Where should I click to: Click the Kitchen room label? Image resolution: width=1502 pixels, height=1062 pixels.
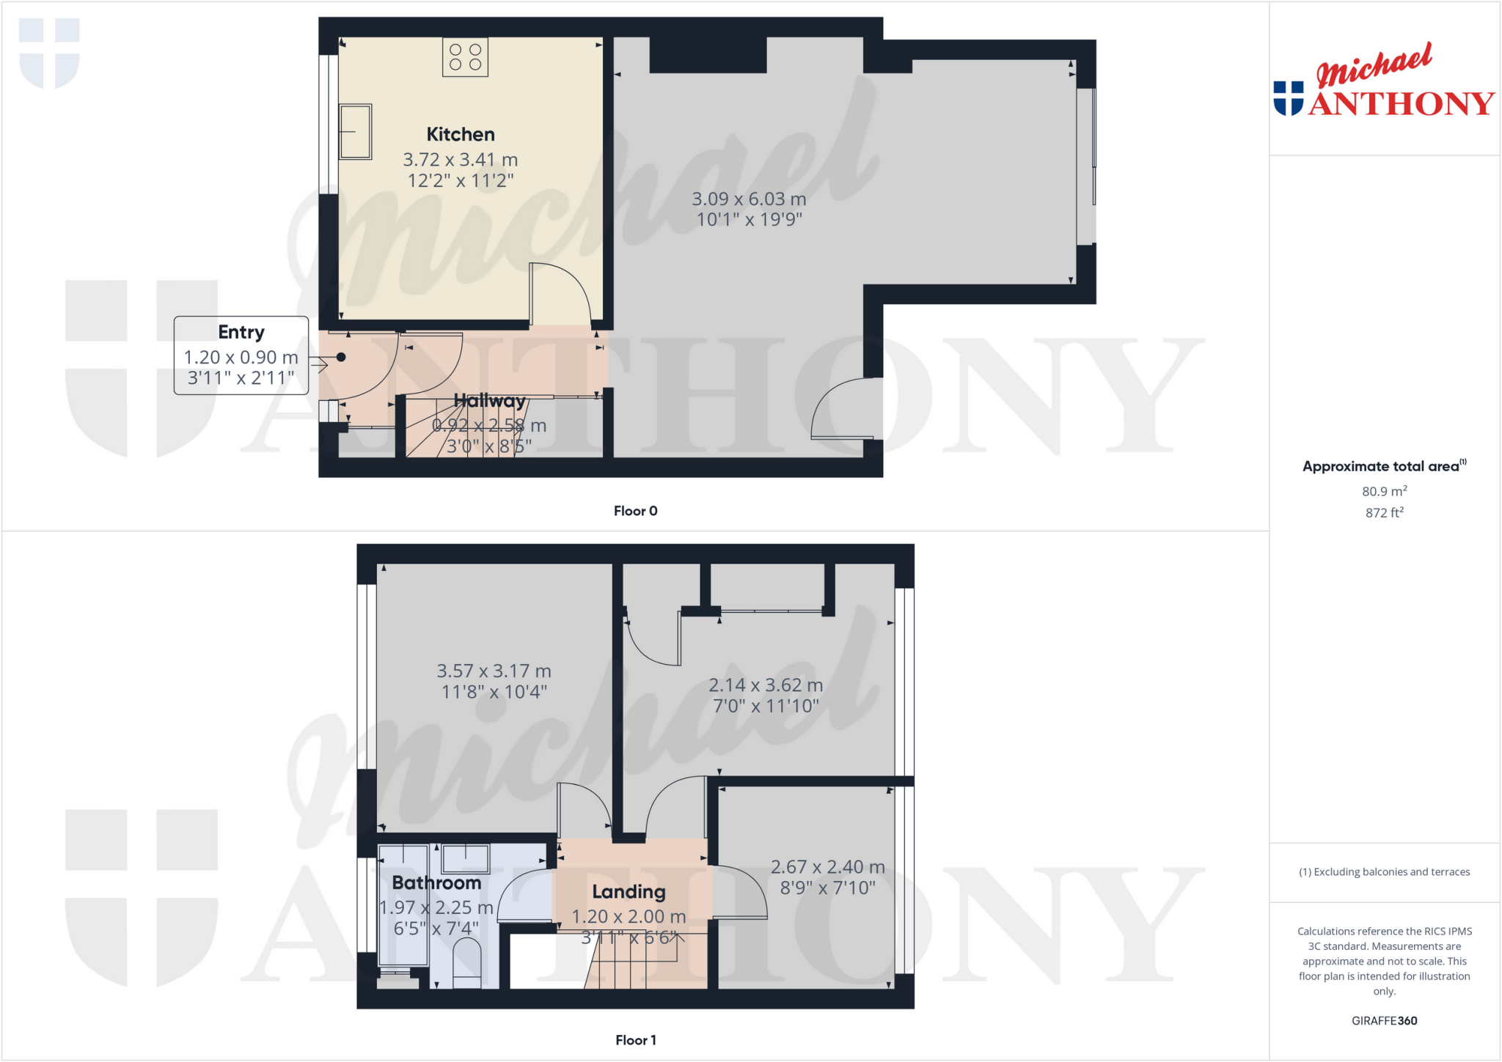point(461,134)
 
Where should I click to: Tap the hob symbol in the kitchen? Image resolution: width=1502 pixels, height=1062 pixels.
point(465,57)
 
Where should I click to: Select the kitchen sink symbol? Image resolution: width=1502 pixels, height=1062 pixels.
point(355,132)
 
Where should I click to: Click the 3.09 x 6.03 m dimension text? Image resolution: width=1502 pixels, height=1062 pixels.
point(749,199)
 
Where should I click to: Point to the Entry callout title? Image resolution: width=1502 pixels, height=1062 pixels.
point(241,332)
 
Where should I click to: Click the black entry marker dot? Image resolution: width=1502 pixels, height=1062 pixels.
point(341,358)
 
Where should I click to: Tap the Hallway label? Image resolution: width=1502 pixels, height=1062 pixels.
point(489,401)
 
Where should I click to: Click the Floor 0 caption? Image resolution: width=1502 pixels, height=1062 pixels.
point(635,511)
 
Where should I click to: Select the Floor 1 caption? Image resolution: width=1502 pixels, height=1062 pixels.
point(635,1040)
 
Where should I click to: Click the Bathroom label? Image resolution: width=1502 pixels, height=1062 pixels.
point(436,882)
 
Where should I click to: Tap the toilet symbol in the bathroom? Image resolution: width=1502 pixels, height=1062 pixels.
point(466,962)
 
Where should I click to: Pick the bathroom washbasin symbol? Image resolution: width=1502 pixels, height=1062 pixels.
point(465,858)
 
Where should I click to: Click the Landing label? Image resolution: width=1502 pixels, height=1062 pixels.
point(629,891)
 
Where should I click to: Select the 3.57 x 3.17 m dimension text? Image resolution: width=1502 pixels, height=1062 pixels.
point(494,671)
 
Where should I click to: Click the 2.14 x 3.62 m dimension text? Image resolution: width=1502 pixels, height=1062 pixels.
point(765,685)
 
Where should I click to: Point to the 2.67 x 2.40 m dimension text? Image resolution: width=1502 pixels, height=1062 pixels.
point(827,867)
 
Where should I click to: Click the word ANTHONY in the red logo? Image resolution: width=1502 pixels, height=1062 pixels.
point(1401,104)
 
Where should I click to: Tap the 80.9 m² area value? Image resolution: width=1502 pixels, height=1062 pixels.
point(1384,491)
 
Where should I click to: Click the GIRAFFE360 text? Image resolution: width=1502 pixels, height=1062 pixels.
point(1384,1020)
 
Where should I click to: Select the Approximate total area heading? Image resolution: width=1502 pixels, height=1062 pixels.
point(1382,466)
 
